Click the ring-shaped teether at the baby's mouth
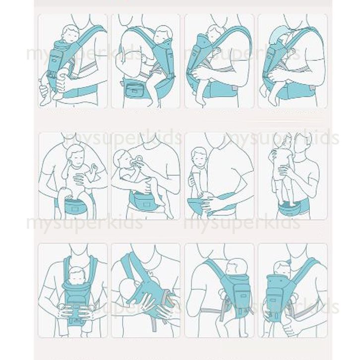coord(139,160)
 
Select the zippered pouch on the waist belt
coord(135,90)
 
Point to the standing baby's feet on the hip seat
coord(291,203)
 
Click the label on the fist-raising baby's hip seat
coord(74,208)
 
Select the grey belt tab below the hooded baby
coord(312,88)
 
